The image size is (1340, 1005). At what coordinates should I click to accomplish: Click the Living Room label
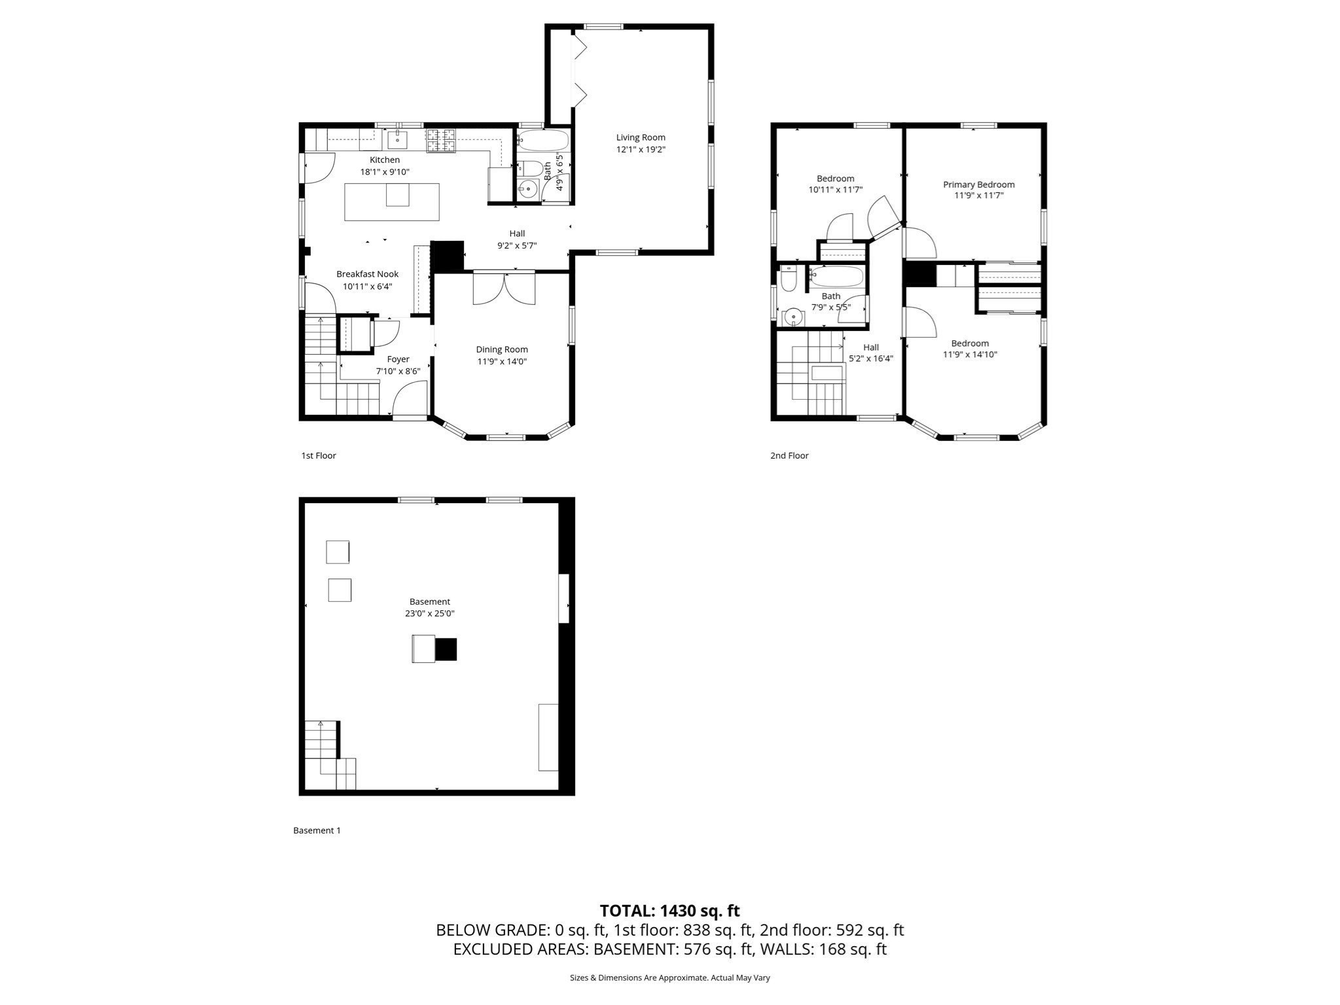[x=641, y=137]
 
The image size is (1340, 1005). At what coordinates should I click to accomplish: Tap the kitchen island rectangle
[x=391, y=202]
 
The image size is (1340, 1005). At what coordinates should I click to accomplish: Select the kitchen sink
[x=397, y=140]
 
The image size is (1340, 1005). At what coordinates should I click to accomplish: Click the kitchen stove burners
[x=441, y=141]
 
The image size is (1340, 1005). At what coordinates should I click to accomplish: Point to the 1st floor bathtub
[x=543, y=140]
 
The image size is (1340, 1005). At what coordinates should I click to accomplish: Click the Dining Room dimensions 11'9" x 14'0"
[x=502, y=361]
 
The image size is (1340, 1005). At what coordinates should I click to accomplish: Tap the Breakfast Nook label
[x=367, y=274]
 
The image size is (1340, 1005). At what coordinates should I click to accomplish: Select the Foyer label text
[x=398, y=359]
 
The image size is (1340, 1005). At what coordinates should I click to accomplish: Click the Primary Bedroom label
[x=978, y=185]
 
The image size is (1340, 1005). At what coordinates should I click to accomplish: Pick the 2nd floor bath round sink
[x=794, y=317]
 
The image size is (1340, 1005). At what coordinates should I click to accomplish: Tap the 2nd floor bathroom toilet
[x=789, y=280]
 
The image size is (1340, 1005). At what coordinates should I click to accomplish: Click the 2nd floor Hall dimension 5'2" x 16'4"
[x=870, y=359]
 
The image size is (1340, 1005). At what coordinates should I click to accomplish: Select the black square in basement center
[x=446, y=649]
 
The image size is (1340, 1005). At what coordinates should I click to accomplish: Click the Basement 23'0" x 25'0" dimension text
[x=429, y=614]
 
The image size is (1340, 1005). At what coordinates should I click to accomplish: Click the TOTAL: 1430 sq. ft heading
[x=669, y=911]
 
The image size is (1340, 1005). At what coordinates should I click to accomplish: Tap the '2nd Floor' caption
[x=789, y=455]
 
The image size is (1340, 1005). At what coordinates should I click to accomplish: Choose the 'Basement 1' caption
[x=317, y=830]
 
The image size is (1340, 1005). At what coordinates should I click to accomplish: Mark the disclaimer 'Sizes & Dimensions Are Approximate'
[x=669, y=978]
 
